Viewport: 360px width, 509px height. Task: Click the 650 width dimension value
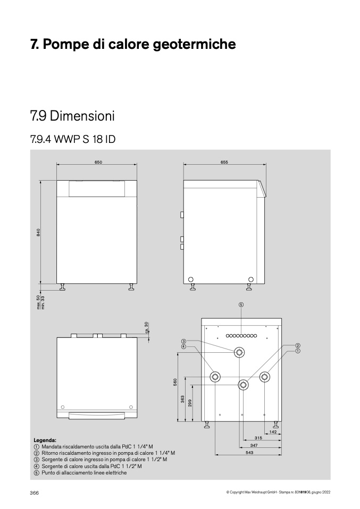tap(98, 162)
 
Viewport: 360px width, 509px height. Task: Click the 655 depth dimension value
tap(224, 162)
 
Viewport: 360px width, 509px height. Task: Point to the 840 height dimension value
tap(38, 232)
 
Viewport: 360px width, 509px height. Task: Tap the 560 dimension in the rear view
tap(175, 382)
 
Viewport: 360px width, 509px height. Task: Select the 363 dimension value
tap(182, 399)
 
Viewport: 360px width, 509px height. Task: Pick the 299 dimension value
tap(190, 403)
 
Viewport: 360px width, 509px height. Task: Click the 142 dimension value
tap(273, 432)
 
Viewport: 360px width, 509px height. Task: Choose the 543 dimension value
tap(249, 453)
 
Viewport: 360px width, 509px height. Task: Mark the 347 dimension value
tap(254, 446)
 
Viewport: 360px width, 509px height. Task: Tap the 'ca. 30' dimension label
tap(146, 327)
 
